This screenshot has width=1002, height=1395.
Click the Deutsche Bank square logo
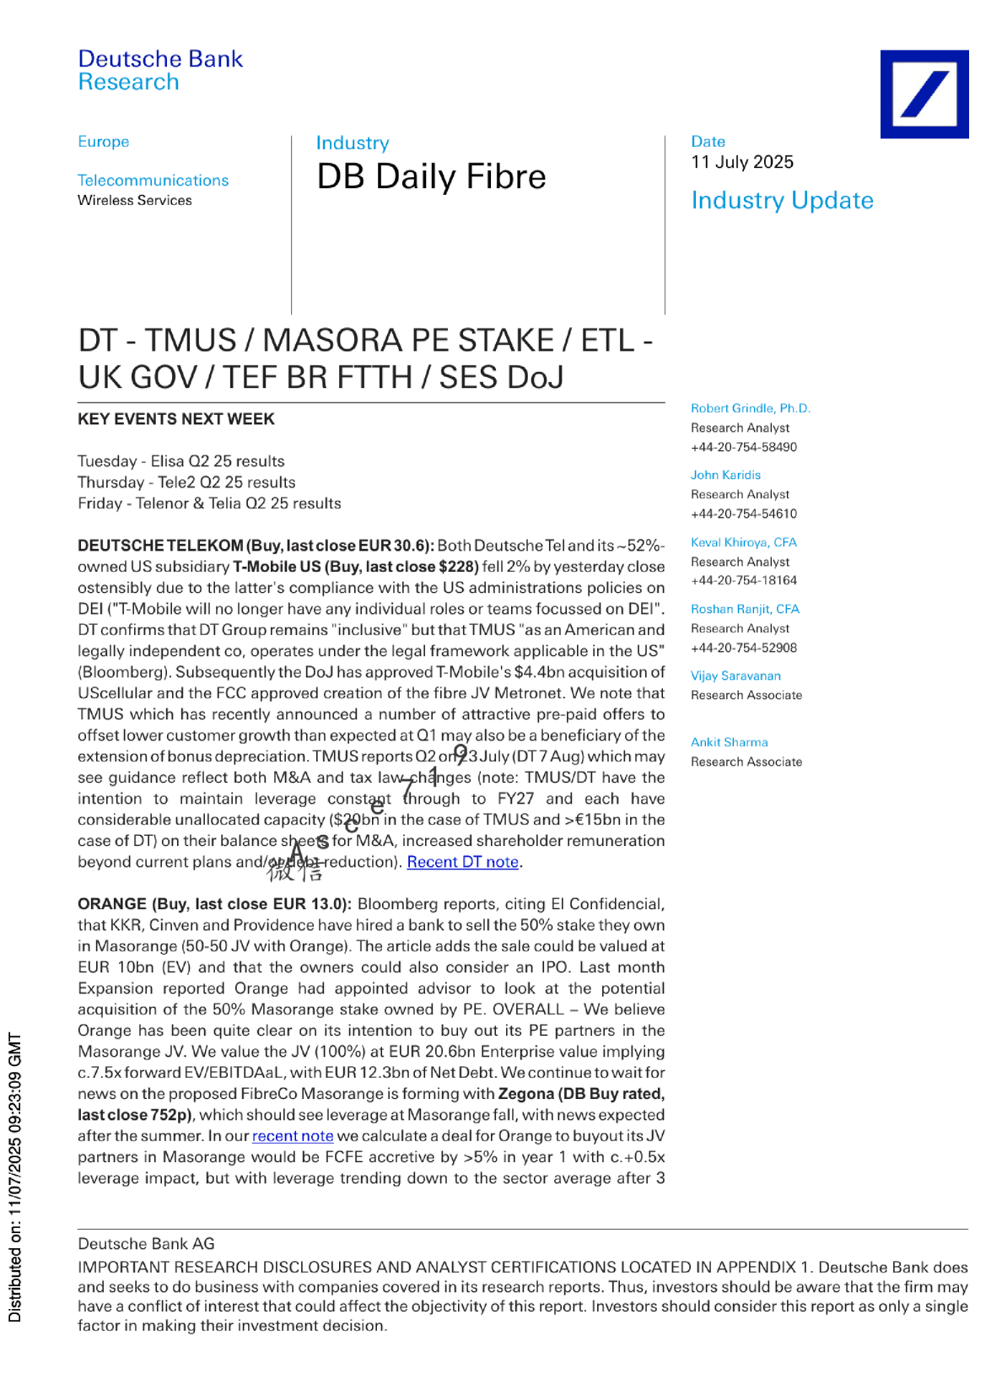pos(924,94)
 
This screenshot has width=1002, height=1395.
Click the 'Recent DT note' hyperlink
pos(462,862)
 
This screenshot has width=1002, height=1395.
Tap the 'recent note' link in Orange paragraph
pos(293,1136)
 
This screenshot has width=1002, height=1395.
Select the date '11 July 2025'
pos(742,162)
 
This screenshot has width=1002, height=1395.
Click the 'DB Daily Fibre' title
pos(431,177)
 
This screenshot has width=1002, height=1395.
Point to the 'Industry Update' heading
pos(782,201)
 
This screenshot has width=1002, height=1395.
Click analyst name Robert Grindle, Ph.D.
pos(750,408)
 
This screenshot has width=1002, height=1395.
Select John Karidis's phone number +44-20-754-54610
pos(743,514)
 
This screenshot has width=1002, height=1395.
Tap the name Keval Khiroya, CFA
pos(743,542)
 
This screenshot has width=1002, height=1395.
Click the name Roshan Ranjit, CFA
pos(745,609)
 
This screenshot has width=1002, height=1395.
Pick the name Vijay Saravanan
pos(735,676)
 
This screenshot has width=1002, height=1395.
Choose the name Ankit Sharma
pos(729,742)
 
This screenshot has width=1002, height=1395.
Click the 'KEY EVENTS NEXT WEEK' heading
pos(176,419)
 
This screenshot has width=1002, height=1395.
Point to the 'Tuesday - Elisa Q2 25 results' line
pos(181,461)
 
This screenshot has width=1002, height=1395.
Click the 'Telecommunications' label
pos(153,180)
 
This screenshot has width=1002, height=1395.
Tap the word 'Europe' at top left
pos(104,142)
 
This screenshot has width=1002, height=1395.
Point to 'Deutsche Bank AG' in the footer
pos(146,1244)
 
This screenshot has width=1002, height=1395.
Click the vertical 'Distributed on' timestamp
pos(15,1177)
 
